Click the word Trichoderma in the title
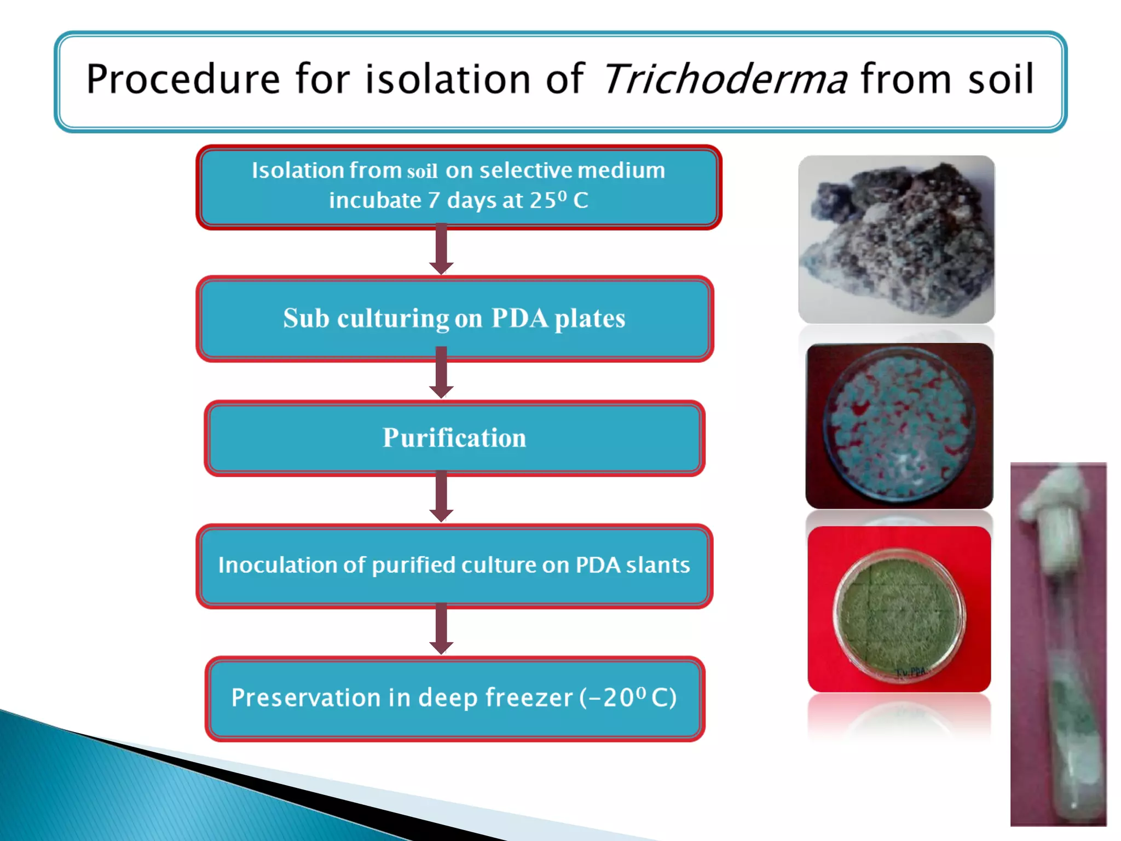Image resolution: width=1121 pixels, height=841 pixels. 725,79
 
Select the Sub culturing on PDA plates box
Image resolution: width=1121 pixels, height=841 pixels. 454,319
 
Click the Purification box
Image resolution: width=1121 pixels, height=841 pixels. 454,438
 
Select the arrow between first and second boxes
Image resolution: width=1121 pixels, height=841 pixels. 441,250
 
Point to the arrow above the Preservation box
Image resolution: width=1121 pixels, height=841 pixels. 441,630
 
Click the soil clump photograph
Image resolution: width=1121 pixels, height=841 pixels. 897,239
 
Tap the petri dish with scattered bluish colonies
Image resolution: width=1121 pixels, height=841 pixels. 899,426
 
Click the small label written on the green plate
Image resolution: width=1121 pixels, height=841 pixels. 911,672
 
